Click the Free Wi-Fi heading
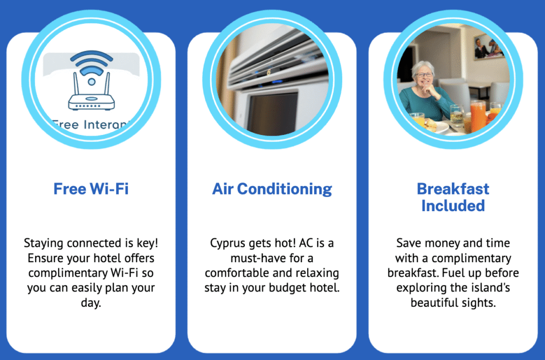point(90,189)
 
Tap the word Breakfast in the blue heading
point(453,189)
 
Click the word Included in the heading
point(453,206)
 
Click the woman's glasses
point(424,75)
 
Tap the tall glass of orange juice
point(477,116)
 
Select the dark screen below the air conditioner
point(272,113)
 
